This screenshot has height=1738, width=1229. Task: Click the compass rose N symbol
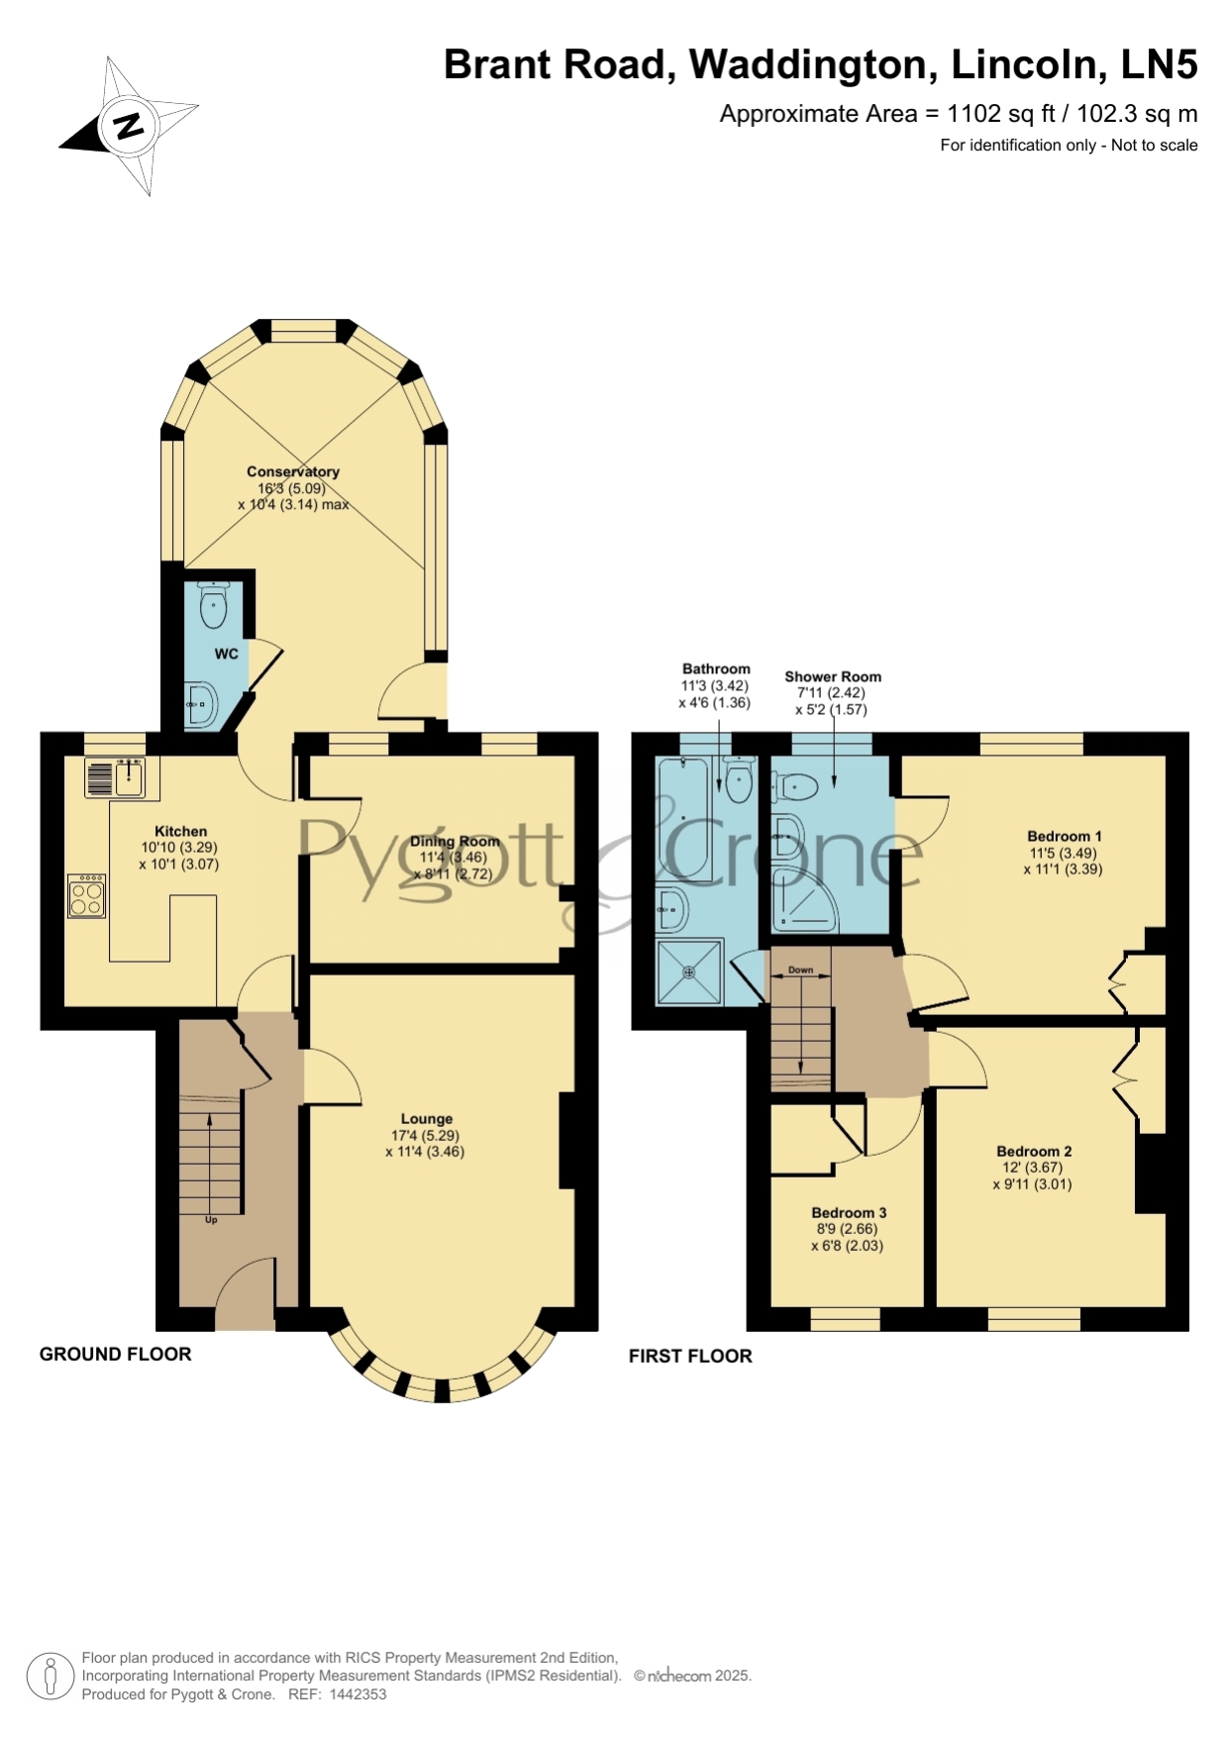(x=128, y=127)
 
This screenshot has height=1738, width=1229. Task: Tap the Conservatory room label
(x=293, y=471)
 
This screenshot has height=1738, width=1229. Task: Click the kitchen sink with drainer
(x=122, y=777)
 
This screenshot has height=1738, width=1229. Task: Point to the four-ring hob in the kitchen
(x=87, y=895)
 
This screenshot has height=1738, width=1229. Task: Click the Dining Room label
(x=456, y=842)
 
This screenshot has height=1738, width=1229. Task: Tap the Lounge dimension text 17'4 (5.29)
(x=426, y=1136)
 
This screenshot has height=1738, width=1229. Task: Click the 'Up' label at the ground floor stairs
(x=211, y=1220)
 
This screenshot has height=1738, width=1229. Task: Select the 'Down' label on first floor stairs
(x=800, y=970)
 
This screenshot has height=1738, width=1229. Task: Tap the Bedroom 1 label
(x=1065, y=836)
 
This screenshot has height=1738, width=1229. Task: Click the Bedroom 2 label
(x=1034, y=1151)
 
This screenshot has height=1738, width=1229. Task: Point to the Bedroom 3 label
(x=849, y=1212)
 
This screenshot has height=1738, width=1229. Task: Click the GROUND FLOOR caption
(x=116, y=1354)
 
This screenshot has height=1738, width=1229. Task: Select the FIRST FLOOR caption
(x=690, y=1356)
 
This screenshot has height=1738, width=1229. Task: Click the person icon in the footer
(x=50, y=1677)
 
